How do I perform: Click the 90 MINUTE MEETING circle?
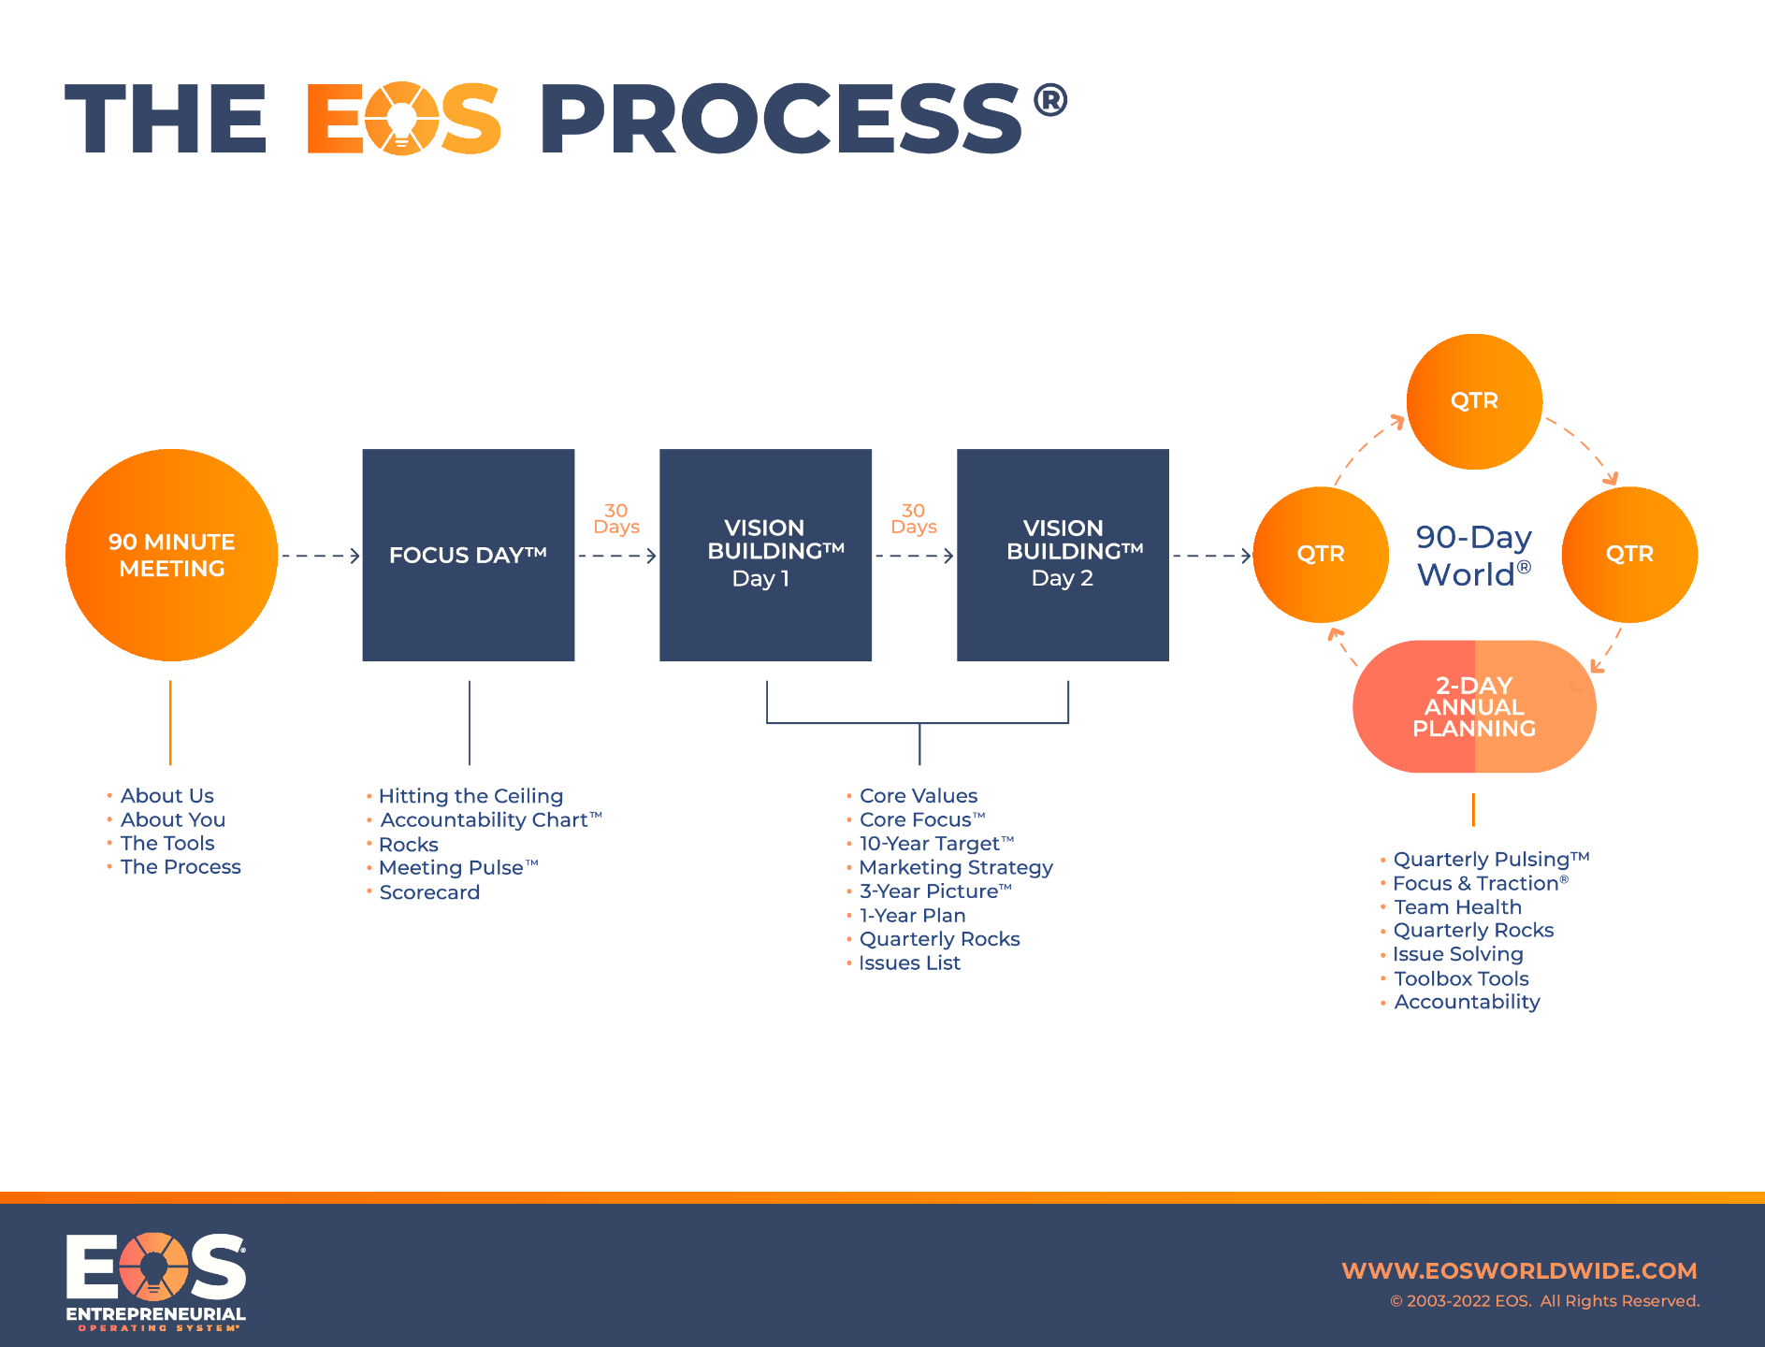tap(171, 555)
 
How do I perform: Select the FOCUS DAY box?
tap(468, 555)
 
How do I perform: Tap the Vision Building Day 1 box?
tap(765, 555)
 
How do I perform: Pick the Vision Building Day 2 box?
tap(1063, 555)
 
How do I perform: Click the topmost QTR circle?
tap(1474, 401)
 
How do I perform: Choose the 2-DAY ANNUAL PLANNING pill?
tap(1474, 706)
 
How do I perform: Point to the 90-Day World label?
tap(1473, 556)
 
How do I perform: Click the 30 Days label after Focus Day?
tap(616, 519)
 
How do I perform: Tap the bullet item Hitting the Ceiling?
tap(470, 796)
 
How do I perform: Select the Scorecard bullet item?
tap(429, 892)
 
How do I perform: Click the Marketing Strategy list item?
tap(956, 868)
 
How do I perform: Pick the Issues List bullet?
tap(909, 963)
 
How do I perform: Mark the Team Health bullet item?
tap(1457, 907)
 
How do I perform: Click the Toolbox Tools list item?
tap(1461, 978)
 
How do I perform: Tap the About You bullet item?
tap(173, 820)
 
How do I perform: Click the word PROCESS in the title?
tap(781, 120)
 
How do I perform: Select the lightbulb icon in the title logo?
tap(401, 120)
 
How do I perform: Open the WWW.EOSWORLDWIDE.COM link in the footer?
tap(1519, 1271)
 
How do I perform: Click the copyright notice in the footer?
tap(1544, 1301)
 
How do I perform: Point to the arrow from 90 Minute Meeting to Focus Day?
tap(321, 556)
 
